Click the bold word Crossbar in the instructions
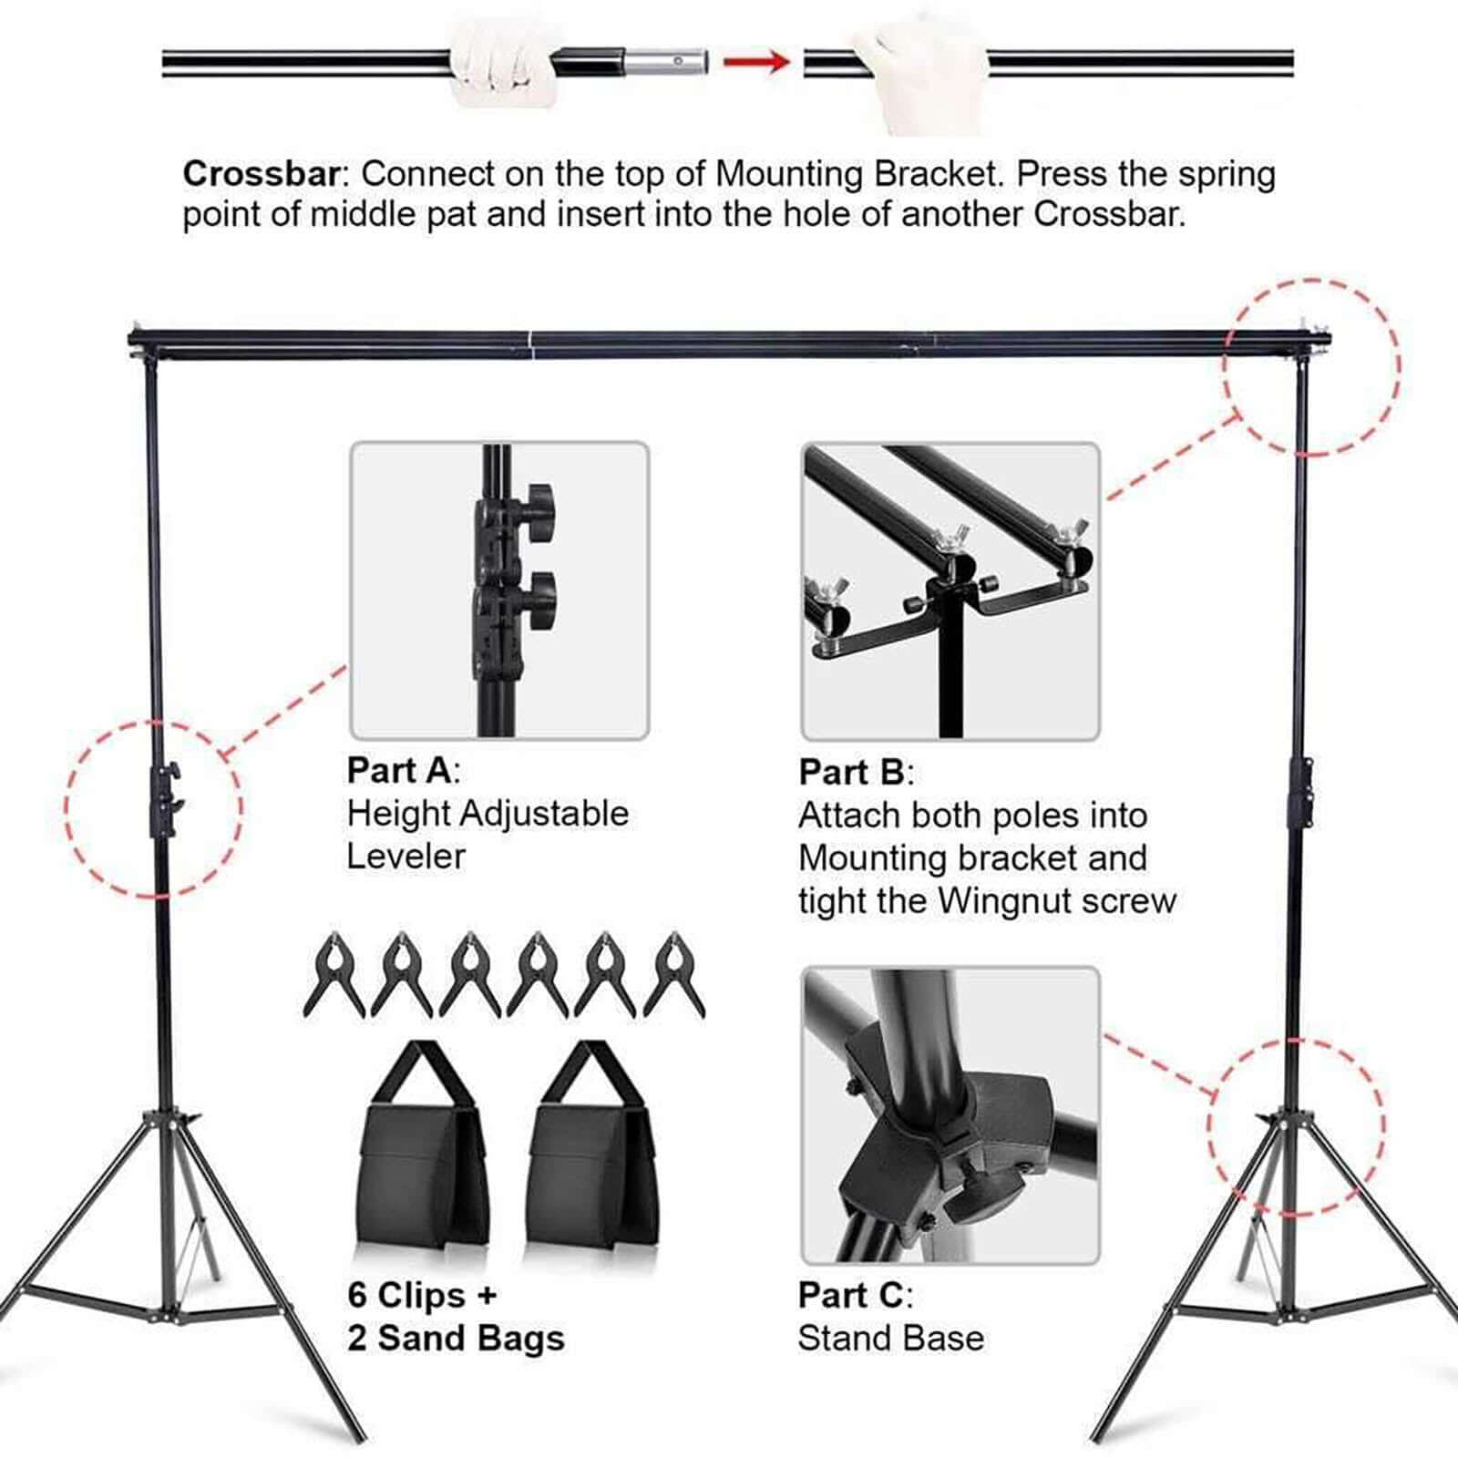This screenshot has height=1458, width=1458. [261, 174]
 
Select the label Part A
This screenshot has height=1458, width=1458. [399, 771]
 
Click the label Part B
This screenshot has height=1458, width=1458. [851, 773]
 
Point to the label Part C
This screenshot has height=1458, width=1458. [851, 1295]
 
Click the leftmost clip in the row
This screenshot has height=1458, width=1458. [334, 973]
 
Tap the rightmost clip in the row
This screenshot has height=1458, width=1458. [674, 973]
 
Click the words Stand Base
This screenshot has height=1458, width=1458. [890, 1339]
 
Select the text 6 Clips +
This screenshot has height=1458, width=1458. [422, 1295]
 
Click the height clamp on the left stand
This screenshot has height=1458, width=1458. [165, 799]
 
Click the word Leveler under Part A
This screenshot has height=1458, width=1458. [406, 857]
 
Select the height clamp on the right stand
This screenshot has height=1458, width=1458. [1300, 792]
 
